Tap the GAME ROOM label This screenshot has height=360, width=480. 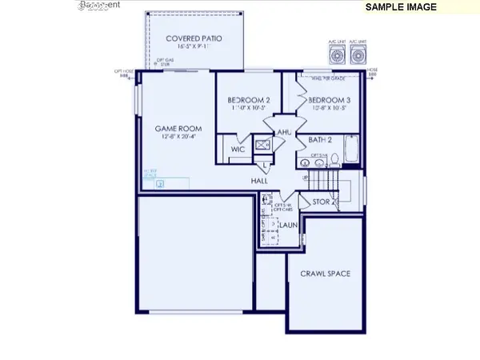pyautogui.click(x=178, y=128)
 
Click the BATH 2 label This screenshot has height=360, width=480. pyautogui.click(x=320, y=140)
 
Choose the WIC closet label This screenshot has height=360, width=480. pyautogui.click(x=238, y=148)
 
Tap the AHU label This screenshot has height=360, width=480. pyautogui.click(x=283, y=132)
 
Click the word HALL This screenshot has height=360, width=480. pyautogui.click(x=259, y=181)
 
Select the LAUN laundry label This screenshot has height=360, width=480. pyautogui.click(x=287, y=226)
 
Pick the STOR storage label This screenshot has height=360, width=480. pyautogui.click(x=322, y=202)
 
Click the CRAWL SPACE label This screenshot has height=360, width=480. pyautogui.click(x=325, y=274)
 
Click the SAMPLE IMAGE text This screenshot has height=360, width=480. pyautogui.click(x=401, y=6)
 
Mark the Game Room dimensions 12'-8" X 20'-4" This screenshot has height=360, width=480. pyautogui.click(x=178, y=137)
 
